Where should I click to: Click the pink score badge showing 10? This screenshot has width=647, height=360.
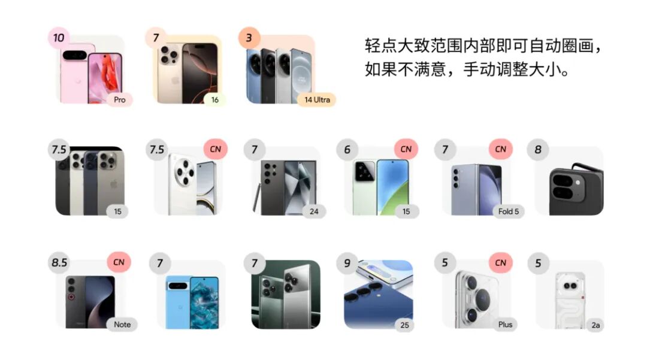(x=59, y=38)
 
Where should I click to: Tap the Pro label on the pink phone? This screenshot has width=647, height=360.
(x=120, y=100)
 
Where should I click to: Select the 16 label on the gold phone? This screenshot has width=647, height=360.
(x=215, y=100)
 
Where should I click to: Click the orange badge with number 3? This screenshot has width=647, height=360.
(x=249, y=38)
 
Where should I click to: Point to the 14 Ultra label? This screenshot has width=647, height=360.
(x=317, y=100)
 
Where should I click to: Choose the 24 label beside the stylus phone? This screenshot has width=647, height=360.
(x=314, y=211)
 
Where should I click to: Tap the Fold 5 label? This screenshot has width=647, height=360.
(x=509, y=211)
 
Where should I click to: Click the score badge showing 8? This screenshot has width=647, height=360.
(x=538, y=149)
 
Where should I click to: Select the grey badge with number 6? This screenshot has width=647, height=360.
(x=347, y=149)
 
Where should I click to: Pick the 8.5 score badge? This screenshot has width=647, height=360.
(x=59, y=262)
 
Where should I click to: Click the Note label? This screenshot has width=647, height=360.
(x=122, y=325)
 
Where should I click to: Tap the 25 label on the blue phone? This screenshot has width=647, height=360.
(x=405, y=325)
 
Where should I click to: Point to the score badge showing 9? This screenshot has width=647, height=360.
(x=347, y=263)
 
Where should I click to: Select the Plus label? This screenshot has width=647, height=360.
(x=505, y=325)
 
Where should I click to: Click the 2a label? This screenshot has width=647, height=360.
(x=595, y=325)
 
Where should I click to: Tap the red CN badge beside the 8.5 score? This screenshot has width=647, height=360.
(x=119, y=262)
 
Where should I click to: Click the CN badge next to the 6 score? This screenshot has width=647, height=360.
(x=406, y=149)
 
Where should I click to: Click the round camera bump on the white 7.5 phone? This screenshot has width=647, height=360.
(x=185, y=173)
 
